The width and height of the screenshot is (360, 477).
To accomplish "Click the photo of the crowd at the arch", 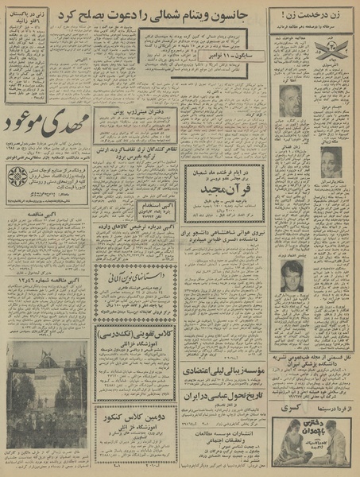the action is (x=46, y=382).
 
